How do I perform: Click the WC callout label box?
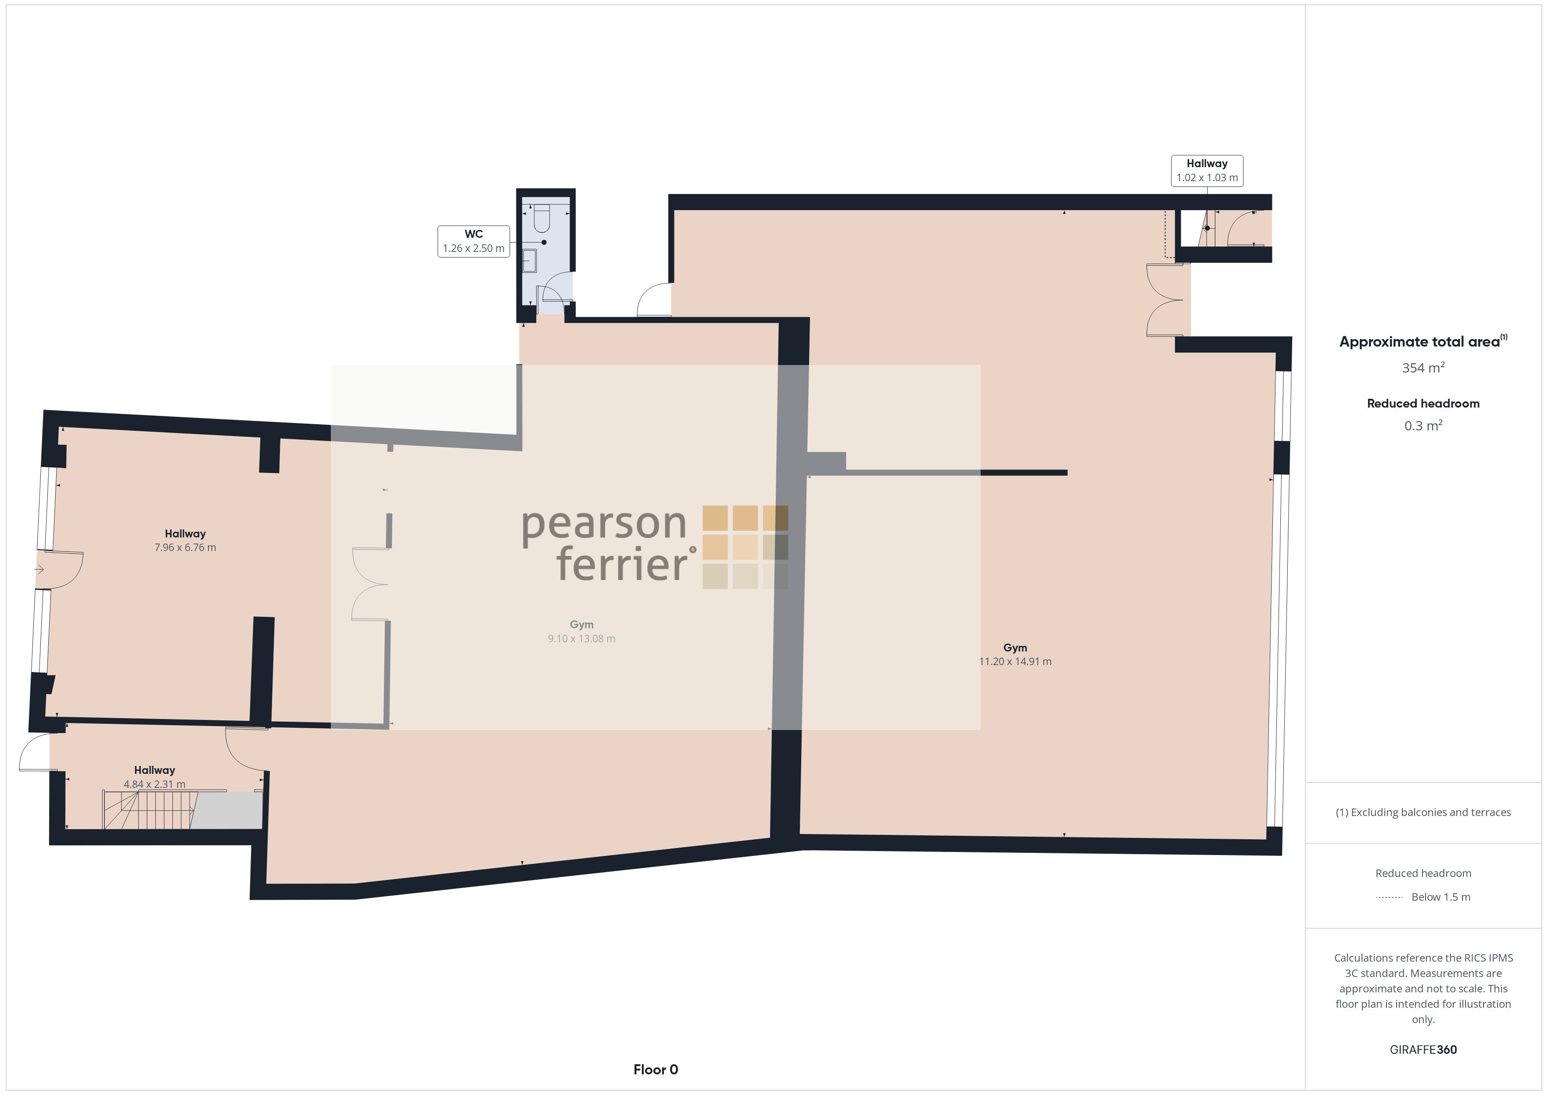point(473,241)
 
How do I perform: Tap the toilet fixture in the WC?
point(542,217)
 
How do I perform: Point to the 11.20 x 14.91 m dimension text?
point(1015,662)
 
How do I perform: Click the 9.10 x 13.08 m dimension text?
point(581,638)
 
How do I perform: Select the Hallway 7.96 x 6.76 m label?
point(186,540)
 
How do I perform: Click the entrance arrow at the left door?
point(40,570)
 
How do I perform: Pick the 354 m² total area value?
point(1423,368)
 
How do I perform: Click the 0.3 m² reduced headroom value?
point(1423,426)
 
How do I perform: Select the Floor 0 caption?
point(656,1070)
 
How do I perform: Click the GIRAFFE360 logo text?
point(1423,1049)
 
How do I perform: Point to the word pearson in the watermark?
point(603,525)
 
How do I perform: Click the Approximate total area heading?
point(1423,341)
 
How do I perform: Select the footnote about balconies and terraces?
point(1423,812)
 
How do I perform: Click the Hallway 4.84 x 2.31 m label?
point(154,777)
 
